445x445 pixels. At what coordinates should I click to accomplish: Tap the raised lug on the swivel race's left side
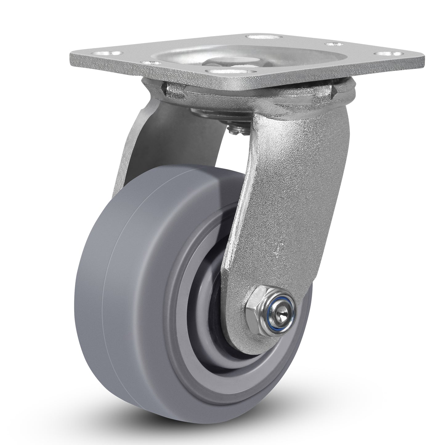click(x=176, y=90)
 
